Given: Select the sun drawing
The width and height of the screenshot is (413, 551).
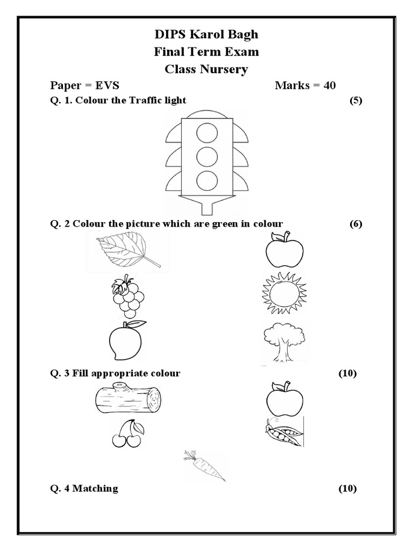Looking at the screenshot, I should coord(284,294).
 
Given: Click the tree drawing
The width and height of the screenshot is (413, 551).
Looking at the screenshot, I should coord(282,342).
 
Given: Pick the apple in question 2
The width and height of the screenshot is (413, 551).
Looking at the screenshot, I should coord(284,250).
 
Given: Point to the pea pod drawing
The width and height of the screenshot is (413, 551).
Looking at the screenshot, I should coord(283,432).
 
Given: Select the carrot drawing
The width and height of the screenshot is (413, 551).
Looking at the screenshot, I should coord(205,466).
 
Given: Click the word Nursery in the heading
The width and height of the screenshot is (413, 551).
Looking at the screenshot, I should coord(223,69).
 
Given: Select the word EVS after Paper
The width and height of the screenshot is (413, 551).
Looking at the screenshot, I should coord(108,86).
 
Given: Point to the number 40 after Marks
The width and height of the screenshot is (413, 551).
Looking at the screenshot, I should coord(329,86).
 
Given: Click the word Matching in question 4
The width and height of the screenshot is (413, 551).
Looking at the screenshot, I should coord(95,489).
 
